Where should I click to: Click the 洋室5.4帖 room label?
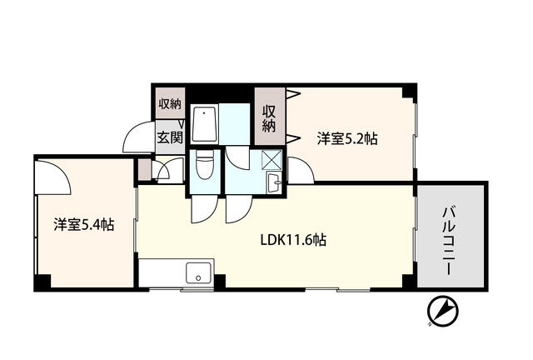[x=84, y=224]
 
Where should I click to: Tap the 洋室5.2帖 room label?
[x=347, y=140]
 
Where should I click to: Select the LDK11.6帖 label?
[x=293, y=240]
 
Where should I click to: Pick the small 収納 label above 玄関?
[x=170, y=105]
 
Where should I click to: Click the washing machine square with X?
[x=273, y=159]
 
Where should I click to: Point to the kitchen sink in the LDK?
[x=198, y=270]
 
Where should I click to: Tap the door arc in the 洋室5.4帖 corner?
[x=52, y=172]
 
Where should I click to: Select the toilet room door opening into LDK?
[x=202, y=210]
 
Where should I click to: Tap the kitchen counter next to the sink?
[x=162, y=271]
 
